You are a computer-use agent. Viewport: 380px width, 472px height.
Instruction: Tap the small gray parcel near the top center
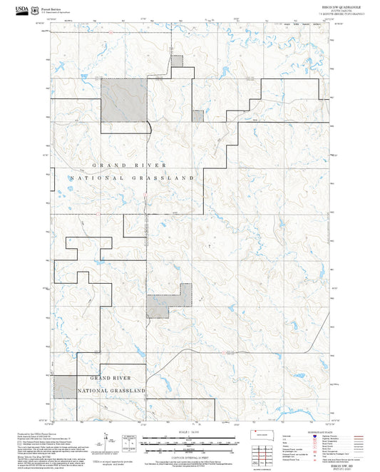point(178,61)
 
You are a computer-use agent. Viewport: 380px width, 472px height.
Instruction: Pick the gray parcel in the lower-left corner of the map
point(66,386)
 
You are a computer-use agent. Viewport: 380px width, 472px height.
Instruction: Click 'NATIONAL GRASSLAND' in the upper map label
point(132,177)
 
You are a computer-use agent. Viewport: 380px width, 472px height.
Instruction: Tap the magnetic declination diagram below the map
point(106,440)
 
